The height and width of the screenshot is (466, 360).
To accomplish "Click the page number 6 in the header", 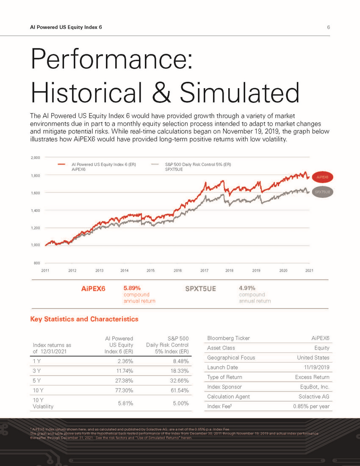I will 328,27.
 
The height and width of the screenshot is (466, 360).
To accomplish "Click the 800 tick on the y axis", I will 37,263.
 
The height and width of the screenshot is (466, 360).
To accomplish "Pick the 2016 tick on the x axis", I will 177,270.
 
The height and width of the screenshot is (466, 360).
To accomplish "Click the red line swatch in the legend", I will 61,164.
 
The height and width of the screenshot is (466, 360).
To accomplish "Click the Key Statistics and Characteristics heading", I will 84,319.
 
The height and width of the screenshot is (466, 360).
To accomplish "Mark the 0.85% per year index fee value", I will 311,407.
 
